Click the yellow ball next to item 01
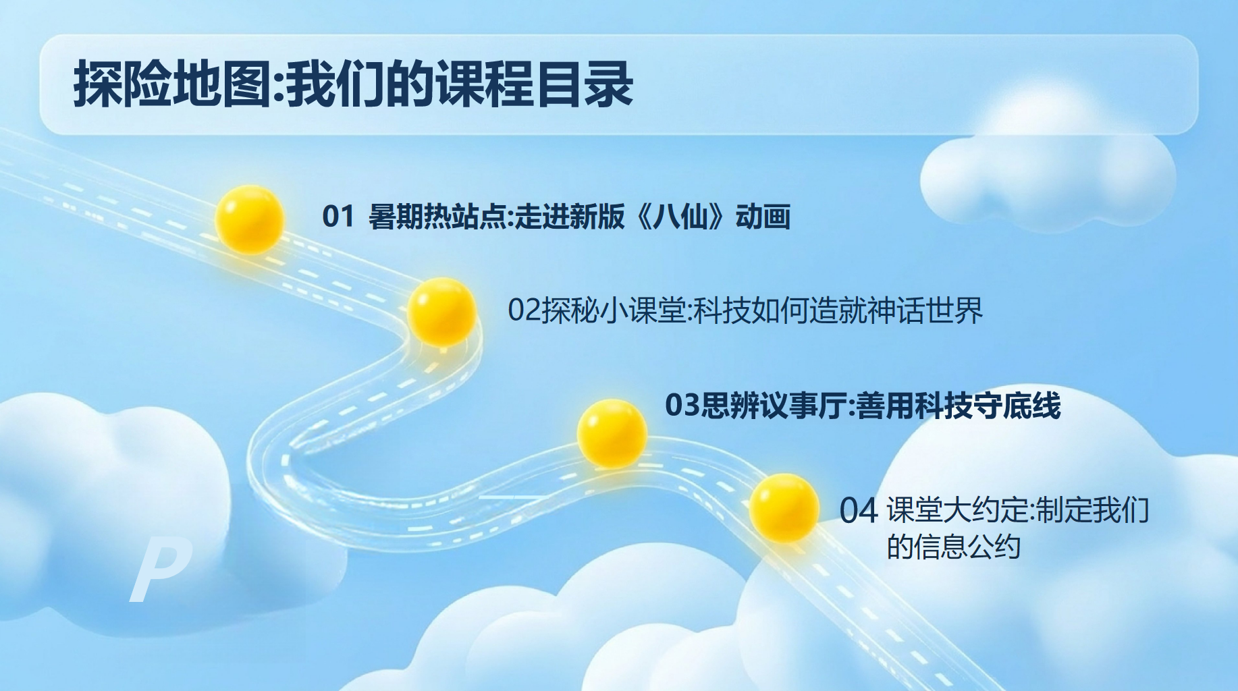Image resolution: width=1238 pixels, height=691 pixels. [249, 219]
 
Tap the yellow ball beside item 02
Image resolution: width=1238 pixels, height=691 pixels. [441, 312]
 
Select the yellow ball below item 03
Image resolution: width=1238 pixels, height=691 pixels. [612, 433]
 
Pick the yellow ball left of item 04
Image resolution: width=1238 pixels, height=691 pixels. [784, 508]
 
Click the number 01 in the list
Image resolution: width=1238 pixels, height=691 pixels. [338, 217]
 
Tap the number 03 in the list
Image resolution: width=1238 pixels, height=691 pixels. [682, 406]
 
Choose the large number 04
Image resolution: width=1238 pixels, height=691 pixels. [859, 511]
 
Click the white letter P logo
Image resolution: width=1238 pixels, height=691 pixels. [160, 572]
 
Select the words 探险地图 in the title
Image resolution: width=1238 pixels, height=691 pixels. [172, 84]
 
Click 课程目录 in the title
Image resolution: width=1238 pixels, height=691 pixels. [535, 84]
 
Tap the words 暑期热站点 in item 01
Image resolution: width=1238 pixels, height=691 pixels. [437, 217]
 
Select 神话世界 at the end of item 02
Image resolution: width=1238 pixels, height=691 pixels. [925, 310]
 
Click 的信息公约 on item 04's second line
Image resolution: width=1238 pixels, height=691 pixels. [953, 547]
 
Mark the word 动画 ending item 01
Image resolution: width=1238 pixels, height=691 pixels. [763, 217]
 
